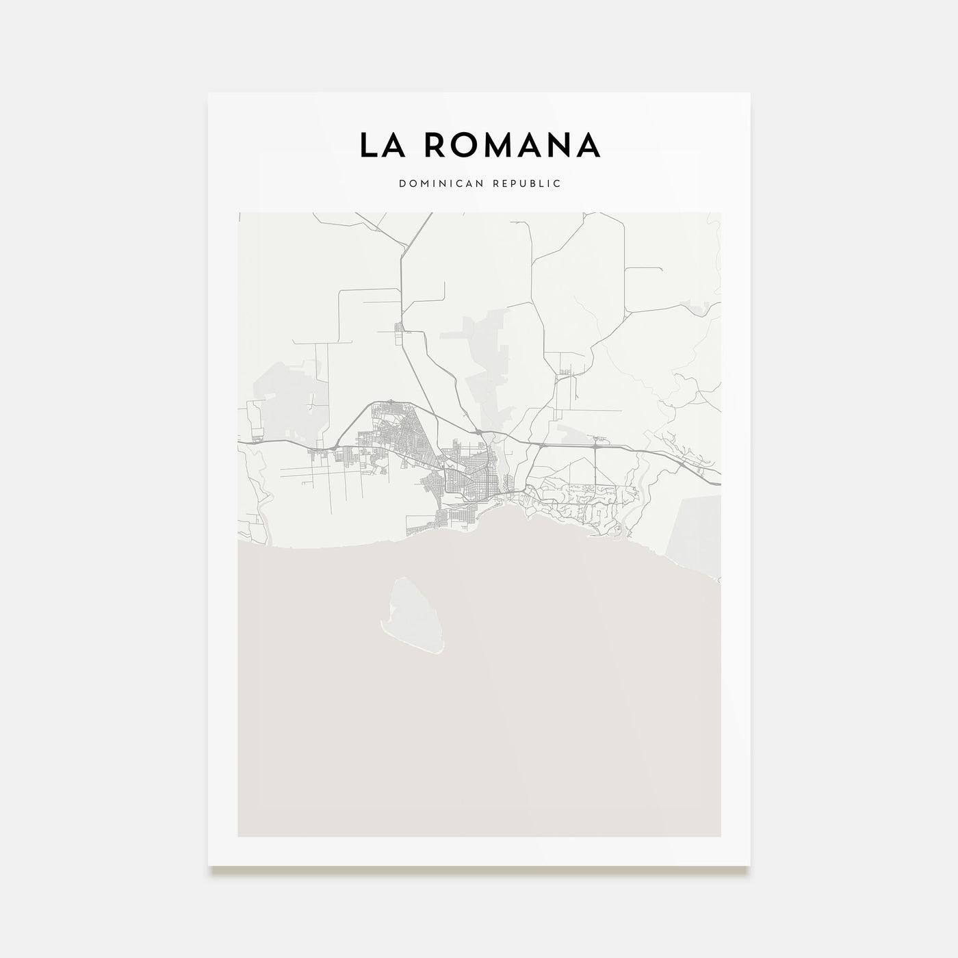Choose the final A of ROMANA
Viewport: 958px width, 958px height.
tap(588, 144)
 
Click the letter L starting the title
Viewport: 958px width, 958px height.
tap(367, 144)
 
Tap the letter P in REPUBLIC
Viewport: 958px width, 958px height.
tap(519, 183)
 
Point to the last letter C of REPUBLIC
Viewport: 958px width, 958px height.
tap(558, 183)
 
